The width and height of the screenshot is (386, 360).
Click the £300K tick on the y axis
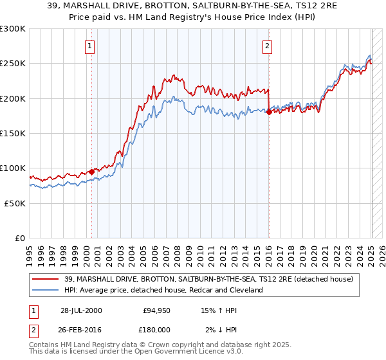pyautogui.click(x=13, y=29)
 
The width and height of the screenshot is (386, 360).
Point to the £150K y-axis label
pyautogui.click(x=13, y=133)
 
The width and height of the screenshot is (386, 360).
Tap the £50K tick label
pyautogui.click(x=15, y=203)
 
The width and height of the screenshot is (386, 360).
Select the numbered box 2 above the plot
pyautogui.click(x=266, y=46)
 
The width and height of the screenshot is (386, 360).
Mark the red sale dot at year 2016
pyautogui.click(x=269, y=112)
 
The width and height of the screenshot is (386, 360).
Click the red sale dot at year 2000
pyautogui.click(x=92, y=171)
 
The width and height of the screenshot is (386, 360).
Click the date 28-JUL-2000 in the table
pyautogui.click(x=81, y=310)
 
